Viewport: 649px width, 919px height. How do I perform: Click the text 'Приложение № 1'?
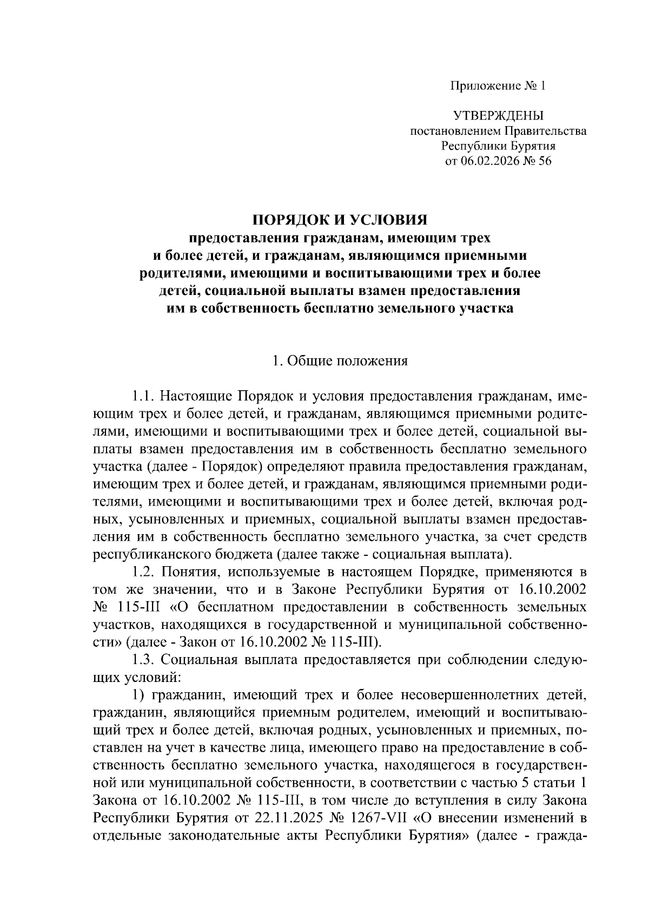(498, 86)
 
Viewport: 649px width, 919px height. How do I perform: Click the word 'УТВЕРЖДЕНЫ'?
(498, 116)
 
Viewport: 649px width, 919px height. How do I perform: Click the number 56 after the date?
(544, 161)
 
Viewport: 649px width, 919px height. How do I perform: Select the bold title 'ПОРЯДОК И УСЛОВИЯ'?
(340, 220)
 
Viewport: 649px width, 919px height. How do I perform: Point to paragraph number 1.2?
(144, 572)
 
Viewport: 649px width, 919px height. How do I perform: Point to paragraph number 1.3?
(144, 660)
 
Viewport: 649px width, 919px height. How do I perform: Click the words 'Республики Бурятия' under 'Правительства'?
(498, 146)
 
